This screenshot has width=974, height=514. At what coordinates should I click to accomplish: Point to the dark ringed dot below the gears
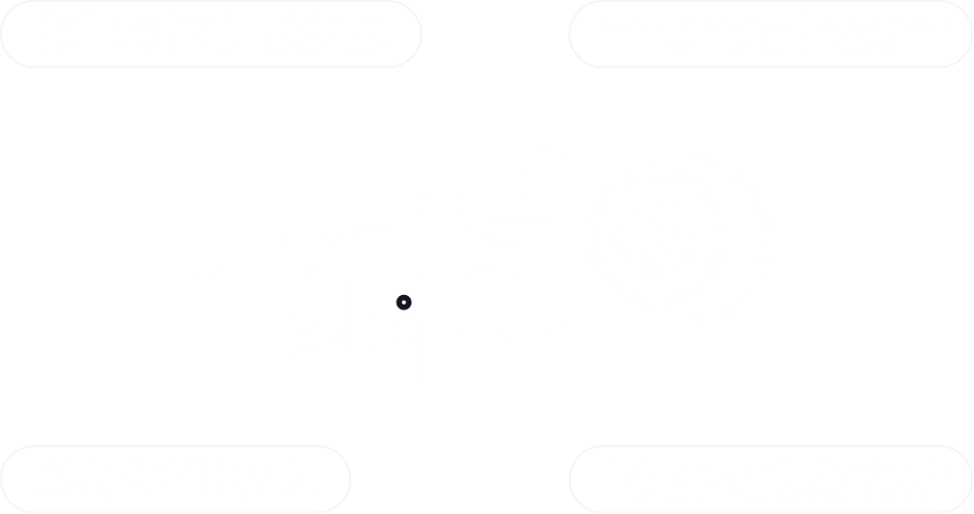pyautogui.click(x=402, y=304)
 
